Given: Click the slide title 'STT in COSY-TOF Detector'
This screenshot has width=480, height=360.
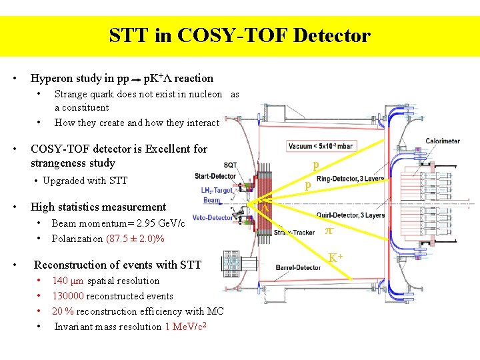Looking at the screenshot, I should click(x=239, y=35).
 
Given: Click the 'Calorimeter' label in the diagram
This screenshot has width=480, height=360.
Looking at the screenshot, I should click(x=444, y=142).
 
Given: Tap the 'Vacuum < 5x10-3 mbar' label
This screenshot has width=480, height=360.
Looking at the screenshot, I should click(x=321, y=145).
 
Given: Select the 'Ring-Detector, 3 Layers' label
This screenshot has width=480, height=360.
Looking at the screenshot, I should click(x=350, y=179).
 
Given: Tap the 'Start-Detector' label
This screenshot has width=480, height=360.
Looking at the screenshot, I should click(x=215, y=177).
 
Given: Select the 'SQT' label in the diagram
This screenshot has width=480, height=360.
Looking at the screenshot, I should click(x=229, y=165).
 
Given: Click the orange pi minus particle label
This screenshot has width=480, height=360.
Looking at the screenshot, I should click(x=329, y=231).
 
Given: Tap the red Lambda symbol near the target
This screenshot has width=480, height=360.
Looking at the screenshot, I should click(x=264, y=209).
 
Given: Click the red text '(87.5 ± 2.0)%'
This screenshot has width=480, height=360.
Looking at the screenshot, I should click(x=135, y=239).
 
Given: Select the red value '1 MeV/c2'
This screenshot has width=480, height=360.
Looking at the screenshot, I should click(x=185, y=326).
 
